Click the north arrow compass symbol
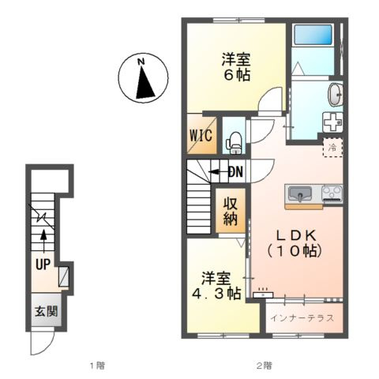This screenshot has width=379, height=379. pos(143,78)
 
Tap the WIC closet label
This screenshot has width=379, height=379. pos(201,136)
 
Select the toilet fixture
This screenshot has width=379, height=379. pos(233,143)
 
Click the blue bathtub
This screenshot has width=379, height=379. pos(313,35)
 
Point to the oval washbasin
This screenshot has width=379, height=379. pos(335,94)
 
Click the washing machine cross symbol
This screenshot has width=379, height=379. pos(332,122)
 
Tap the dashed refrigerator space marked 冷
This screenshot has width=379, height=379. pos(333,148)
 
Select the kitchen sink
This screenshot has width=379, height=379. pos(300,194)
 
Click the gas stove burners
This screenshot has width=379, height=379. pos(332,193)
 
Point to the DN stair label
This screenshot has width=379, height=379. pos(235,172)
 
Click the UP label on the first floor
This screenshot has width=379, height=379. pos(43,264)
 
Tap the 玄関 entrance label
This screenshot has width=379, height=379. pos(47,312)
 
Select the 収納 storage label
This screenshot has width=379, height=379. pos(231,211)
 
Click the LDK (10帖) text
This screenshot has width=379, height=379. pos(295,243)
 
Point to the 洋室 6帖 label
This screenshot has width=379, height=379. pos(236,67)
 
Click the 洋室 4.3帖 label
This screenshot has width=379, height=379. pos(216,286)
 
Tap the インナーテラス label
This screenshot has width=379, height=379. pos(302,318)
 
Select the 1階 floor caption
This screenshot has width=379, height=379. pos(97,366)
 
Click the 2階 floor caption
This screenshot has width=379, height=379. pos(265,366)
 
